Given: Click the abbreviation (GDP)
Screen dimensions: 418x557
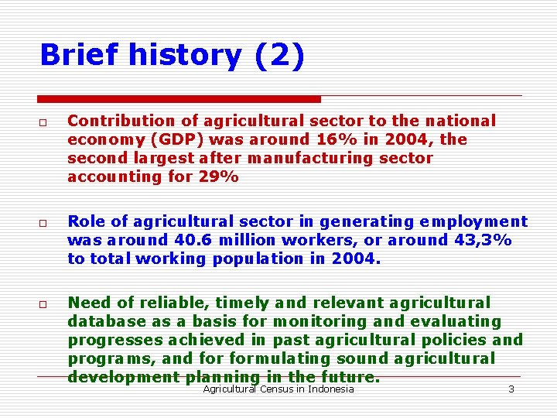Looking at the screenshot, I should (168, 139).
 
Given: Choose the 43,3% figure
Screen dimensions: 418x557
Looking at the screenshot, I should (481, 240).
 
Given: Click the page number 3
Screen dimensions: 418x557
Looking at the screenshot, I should (511, 389).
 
